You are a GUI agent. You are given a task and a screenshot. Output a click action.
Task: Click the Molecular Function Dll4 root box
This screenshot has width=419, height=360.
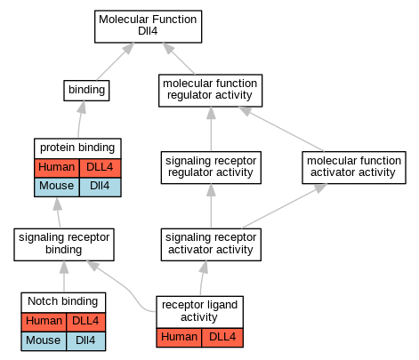[x=148, y=27]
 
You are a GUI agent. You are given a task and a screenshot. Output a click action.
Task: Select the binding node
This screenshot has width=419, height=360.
[x=86, y=91]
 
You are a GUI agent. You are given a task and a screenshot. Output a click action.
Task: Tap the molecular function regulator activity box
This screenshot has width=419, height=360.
[x=210, y=91]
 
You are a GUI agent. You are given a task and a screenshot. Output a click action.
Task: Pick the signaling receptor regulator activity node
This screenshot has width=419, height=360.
[x=211, y=167]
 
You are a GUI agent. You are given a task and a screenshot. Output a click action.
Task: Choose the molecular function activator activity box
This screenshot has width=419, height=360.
[x=354, y=167]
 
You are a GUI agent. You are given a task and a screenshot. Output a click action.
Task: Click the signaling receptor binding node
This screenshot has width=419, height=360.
[x=64, y=244]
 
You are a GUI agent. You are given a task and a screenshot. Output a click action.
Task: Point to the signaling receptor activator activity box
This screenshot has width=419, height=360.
[x=211, y=244]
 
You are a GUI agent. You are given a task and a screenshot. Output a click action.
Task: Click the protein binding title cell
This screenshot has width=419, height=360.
[x=77, y=148]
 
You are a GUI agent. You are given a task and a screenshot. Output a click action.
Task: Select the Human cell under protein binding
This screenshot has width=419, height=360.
[x=57, y=168]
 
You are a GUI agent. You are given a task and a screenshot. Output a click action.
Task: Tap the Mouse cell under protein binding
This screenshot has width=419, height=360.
[x=57, y=187]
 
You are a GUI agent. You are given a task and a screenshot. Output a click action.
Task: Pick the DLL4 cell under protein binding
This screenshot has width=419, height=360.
[x=101, y=168]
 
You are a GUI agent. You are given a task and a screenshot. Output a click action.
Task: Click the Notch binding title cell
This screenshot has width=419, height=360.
[x=63, y=302]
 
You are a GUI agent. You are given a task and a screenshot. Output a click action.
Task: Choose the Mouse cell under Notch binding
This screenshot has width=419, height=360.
[x=44, y=341]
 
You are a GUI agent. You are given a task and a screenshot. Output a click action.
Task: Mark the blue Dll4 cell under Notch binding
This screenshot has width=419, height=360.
[x=86, y=341]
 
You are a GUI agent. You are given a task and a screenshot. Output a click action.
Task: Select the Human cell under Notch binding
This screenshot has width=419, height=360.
[x=44, y=322]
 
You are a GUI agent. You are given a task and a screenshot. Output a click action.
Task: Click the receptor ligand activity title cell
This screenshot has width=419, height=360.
[x=199, y=312]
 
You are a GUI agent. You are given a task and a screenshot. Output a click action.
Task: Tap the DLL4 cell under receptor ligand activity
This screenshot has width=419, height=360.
[x=222, y=338]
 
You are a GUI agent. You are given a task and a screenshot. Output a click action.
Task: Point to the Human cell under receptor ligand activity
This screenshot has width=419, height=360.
[x=179, y=338]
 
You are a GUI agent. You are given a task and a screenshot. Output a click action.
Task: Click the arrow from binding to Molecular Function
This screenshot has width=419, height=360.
[x=116, y=61]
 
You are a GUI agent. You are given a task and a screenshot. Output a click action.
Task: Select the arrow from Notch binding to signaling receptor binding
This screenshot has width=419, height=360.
[x=64, y=276]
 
